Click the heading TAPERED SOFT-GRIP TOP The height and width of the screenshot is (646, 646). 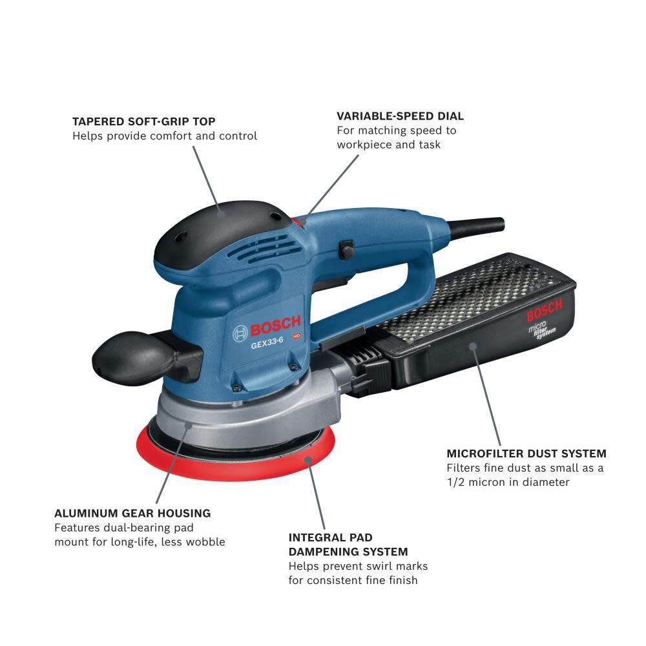point(143,121)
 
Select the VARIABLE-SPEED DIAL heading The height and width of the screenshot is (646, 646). point(400,116)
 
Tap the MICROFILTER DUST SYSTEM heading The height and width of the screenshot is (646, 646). point(526,453)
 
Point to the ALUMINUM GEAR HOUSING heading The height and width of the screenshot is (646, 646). point(132,513)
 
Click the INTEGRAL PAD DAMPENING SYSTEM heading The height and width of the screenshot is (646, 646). point(348,545)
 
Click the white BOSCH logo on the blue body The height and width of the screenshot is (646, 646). point(267,328)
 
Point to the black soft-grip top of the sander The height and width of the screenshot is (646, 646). point(220,223)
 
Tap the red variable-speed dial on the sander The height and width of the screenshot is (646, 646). point(298,221)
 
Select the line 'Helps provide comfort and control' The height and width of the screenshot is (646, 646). point(165,136)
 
